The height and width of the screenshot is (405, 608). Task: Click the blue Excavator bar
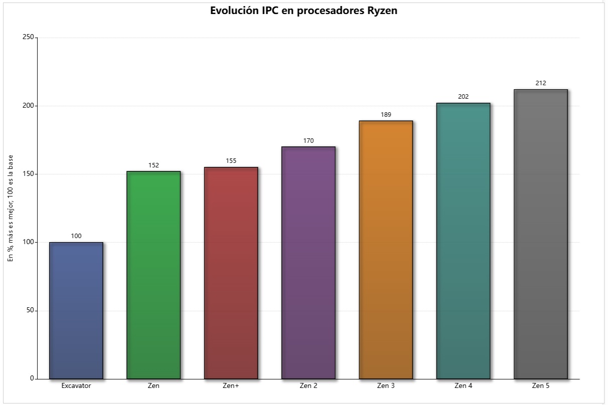coord(76,310)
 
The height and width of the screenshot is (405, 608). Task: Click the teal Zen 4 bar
coord(463,241)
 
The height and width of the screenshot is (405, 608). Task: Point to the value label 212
coord(540,83)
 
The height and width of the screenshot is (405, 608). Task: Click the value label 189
coord(386,114)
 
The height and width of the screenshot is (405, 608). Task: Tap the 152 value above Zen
coord(153,165)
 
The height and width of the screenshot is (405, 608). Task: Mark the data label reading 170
coord(308,140)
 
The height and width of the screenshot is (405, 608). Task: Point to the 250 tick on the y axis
coord(28,38)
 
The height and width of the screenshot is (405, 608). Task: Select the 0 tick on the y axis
coord(32,378)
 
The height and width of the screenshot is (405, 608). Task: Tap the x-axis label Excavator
coord(76,386)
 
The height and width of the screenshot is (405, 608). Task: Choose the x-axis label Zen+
coord(231,386)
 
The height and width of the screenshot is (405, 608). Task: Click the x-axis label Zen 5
coord(540,386)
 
